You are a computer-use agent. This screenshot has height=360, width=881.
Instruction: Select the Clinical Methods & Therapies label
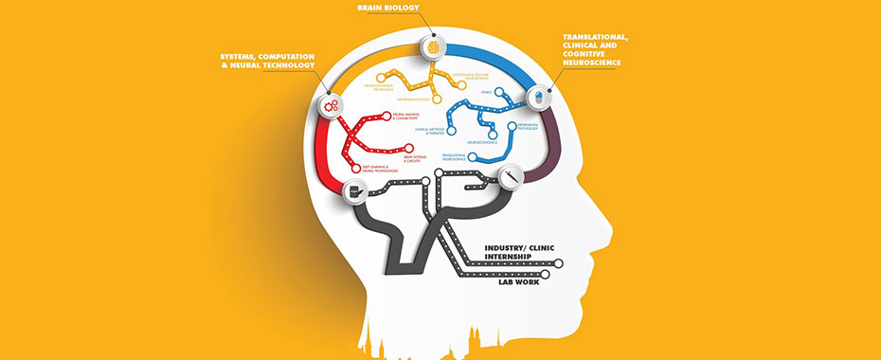pos(430,134)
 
